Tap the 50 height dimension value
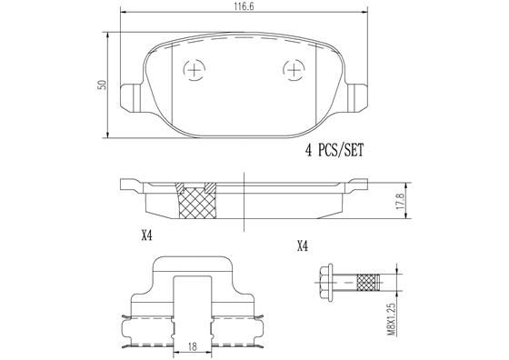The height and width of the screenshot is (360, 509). [x=105, y=83]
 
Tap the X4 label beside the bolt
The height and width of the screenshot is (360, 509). [x=303, y=246]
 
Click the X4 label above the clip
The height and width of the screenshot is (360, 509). [x=147, y=235]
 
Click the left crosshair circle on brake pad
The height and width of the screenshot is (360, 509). [x=194, y=69]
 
